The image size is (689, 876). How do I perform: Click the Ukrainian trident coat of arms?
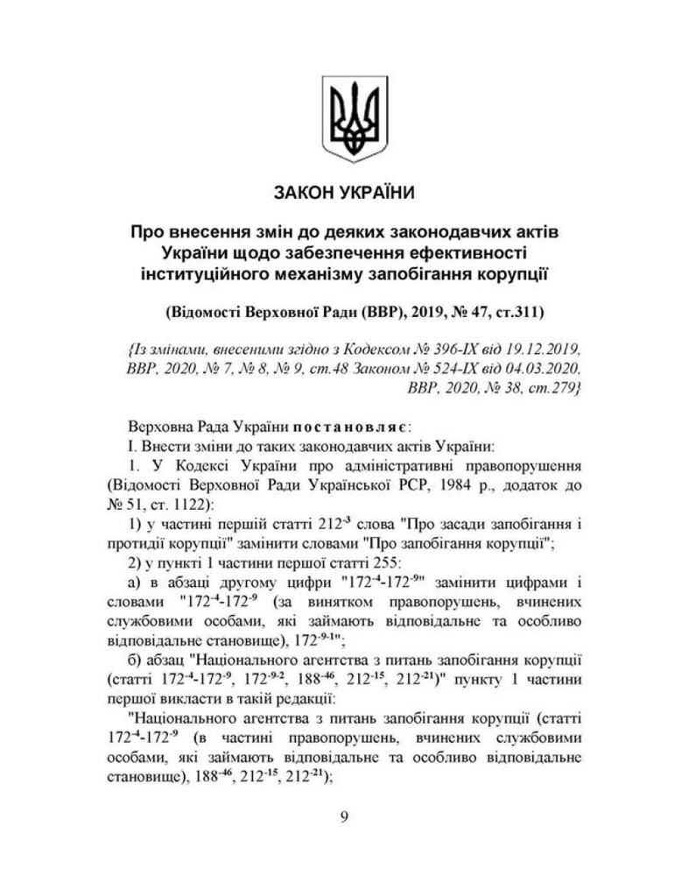click(343, 121)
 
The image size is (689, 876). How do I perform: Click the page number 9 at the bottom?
click(343, 818)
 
